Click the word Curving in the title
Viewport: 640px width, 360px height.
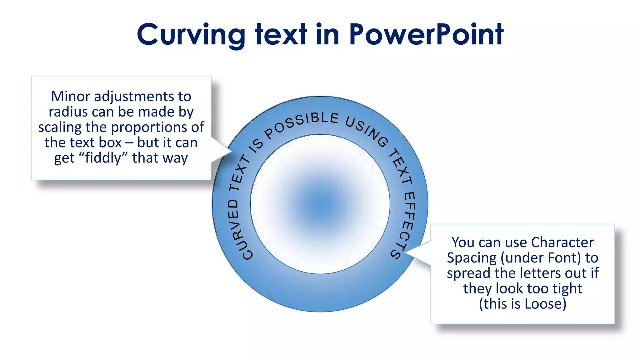(191, 35)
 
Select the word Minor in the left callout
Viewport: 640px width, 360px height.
(70, 97)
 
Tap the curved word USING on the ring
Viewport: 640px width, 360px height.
(367, 131)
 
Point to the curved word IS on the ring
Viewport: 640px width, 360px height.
(257, 146)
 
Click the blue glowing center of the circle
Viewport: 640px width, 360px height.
(320, 204)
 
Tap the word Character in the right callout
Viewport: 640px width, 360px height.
(562, 242)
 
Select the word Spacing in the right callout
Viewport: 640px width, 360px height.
(471, 258)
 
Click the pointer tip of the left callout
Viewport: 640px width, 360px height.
(231, 152)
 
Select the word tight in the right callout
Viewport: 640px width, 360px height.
(567, 288)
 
